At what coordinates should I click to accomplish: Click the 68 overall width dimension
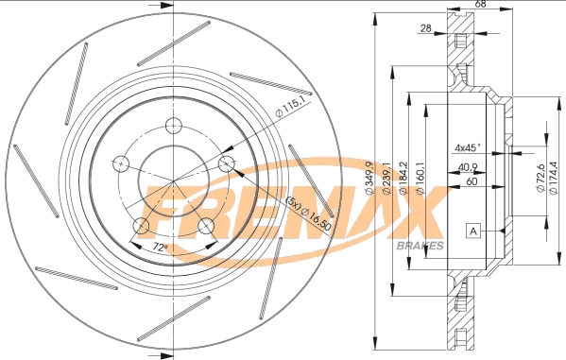coord(480,6)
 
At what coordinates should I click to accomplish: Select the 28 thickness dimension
coord(426,28)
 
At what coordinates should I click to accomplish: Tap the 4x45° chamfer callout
coord(467,147)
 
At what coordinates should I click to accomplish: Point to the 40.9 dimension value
coord(467,167)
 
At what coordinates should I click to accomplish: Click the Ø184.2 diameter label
coord(403,180)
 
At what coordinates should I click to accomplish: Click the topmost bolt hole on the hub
coord(173,127)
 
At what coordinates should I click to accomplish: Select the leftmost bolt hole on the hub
coord(120,163)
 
